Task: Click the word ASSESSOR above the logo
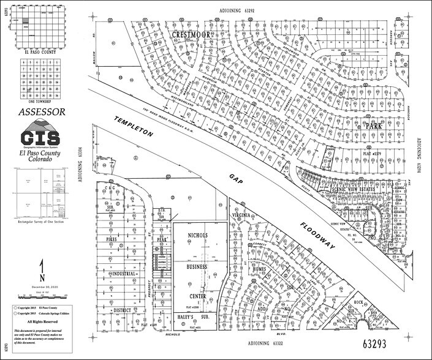tap(42, 112)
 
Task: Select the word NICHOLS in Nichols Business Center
tap(197, 236)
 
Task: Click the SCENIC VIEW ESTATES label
tap(353, 189)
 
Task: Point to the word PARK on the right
tap(374, 126)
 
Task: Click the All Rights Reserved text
tap(42, 321)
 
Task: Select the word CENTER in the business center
tap(197, 296)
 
